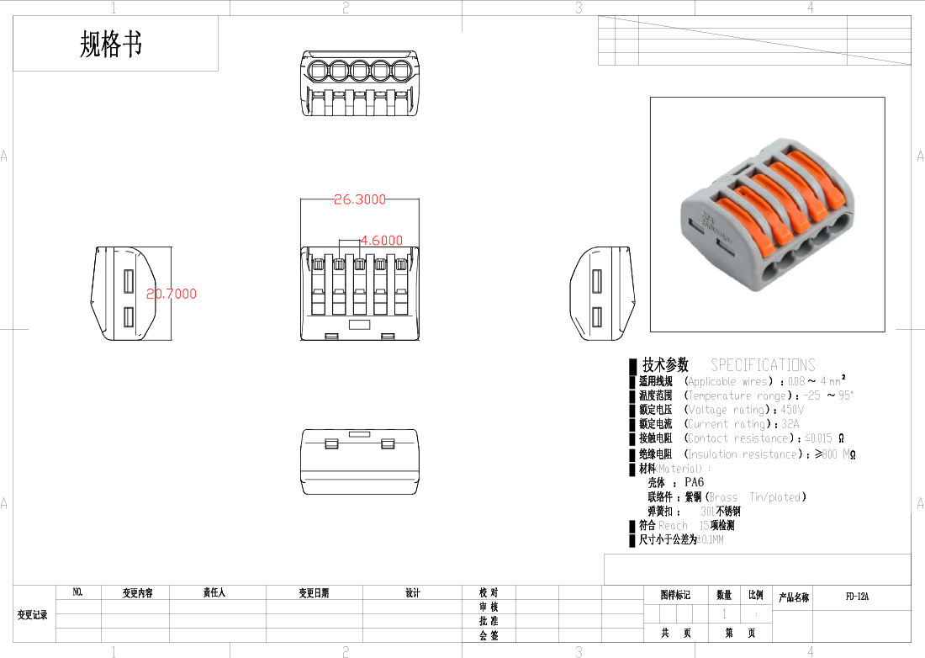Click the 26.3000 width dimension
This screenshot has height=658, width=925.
(360, 200)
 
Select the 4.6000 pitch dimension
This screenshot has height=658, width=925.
(381, 240)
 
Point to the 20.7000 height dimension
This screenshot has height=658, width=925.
(172, 294)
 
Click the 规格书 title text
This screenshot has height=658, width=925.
(111, 44)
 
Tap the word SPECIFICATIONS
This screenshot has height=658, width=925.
(763, 365)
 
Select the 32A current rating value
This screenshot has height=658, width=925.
(790, 424)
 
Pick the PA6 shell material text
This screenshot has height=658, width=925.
(694, 482)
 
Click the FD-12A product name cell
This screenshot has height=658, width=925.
(857, 597)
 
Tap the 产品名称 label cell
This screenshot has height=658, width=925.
(793, 597)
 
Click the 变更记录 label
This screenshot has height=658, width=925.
(33, 615)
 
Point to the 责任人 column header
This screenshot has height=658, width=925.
(214, 593)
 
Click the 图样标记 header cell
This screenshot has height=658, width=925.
(675, 595)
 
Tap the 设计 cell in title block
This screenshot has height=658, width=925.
(412, 593)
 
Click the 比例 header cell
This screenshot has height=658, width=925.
(756, 595)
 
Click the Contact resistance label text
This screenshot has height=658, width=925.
(740, 438)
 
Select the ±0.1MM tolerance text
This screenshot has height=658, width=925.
(711, 539)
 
